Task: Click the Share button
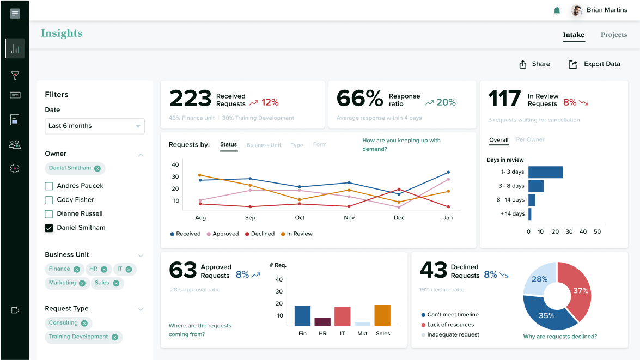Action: click(x=534, y=64)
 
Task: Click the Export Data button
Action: click(x=594, y=64)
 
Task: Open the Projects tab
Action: click(x=614, y=35)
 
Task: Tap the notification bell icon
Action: click(x=557, y=10)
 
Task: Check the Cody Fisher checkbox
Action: click(x=49, y=200)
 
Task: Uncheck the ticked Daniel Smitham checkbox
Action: click(x=49, y=228)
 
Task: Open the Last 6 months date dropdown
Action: click(x=95, y=126)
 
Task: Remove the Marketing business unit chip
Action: click(x=82, y=283)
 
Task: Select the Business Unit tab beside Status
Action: click(x=264, y=145)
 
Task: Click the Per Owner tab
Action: click(x=530, y=140)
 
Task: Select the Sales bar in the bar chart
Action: click(x=382, y=315)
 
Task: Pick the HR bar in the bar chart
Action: click(x=322, y=322)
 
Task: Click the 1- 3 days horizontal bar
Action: click(x=545, y=172)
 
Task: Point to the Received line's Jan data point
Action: click(x=448, y=172)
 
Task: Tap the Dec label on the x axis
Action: click(x=399, y=218)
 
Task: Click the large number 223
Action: click(x=190, y=99)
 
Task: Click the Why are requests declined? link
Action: click(x=560, y=337)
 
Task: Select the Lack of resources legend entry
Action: click(x=450, y=325)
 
